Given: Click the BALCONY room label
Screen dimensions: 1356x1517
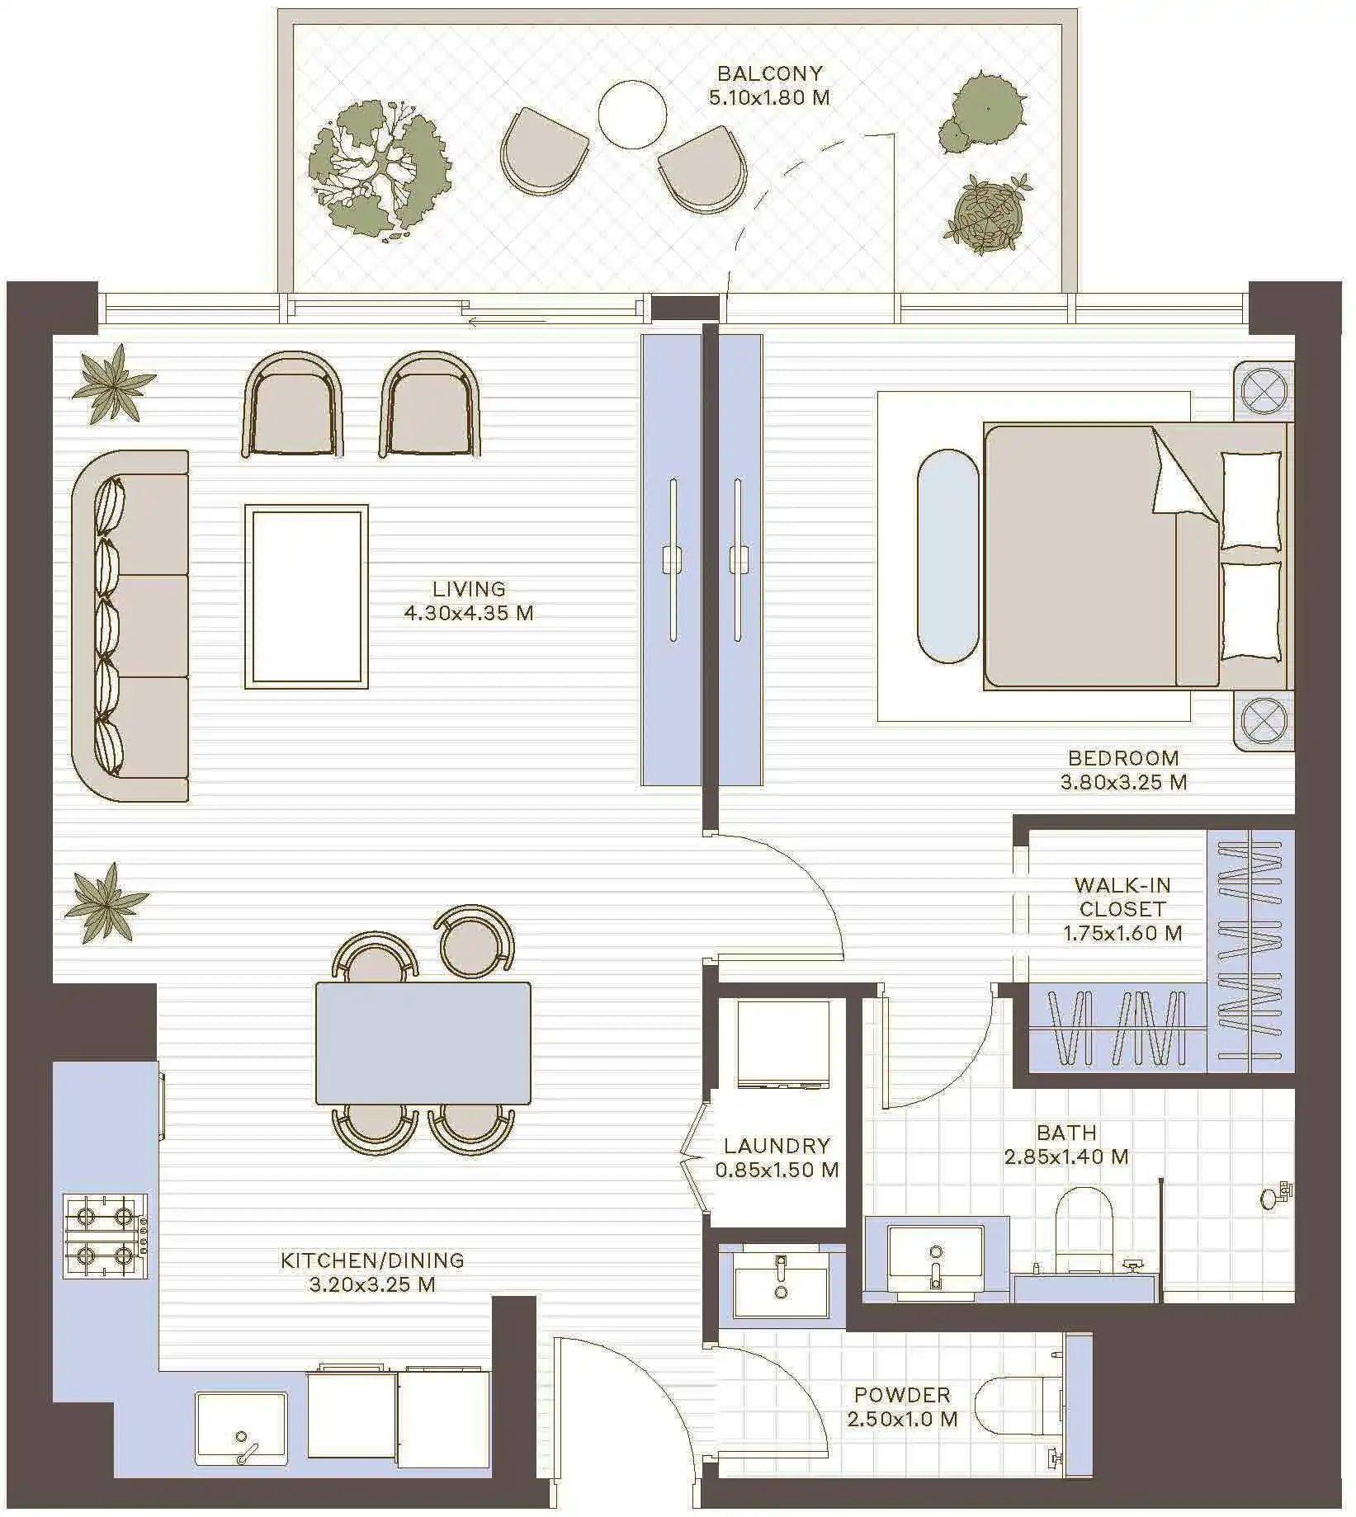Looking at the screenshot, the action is point(769,73).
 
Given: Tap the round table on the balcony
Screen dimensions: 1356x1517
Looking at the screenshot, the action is point(632,115).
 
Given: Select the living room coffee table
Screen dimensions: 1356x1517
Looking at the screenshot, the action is point(306,596).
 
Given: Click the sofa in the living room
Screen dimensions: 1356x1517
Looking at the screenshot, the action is point(130,625).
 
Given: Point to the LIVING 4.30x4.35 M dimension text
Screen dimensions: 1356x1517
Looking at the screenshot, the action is point(468,612).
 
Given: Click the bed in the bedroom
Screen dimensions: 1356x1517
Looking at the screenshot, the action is point(1137,556).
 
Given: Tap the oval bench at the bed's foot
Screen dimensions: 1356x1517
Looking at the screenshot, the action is point(949,556).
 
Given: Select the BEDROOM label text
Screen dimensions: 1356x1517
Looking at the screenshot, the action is point(1123,757).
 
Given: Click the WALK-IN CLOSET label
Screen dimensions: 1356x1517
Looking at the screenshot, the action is point(1122,897).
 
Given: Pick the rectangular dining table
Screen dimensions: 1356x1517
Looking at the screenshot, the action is point(423,1043).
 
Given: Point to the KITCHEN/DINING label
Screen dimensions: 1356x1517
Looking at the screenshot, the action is point(372,1260).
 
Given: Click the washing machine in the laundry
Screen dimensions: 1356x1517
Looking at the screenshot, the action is point(782,1044).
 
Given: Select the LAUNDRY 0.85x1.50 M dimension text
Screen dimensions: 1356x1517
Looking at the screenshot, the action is point(777,1170).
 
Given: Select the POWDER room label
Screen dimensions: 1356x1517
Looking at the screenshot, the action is point(902,1395).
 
